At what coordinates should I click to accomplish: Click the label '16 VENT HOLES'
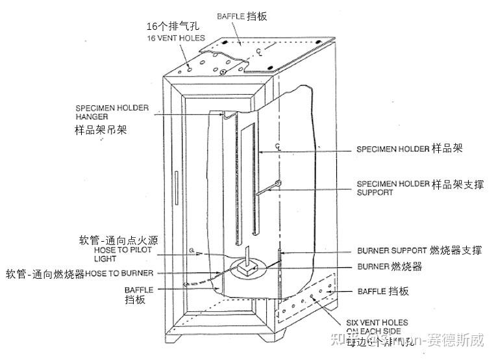(170, 38)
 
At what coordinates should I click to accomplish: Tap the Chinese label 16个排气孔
(171, 27)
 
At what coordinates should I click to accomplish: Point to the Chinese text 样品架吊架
(100, 130)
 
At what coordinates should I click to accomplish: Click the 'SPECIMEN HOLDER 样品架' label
(409, 149)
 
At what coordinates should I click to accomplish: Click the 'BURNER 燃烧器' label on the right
(390, 266)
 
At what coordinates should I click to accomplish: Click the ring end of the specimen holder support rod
(278, 183)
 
